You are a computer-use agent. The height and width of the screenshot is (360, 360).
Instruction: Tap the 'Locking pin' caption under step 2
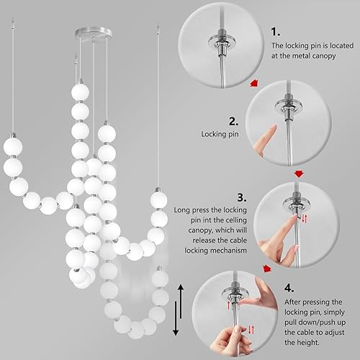pyautogui.click(x=219, y=134)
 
